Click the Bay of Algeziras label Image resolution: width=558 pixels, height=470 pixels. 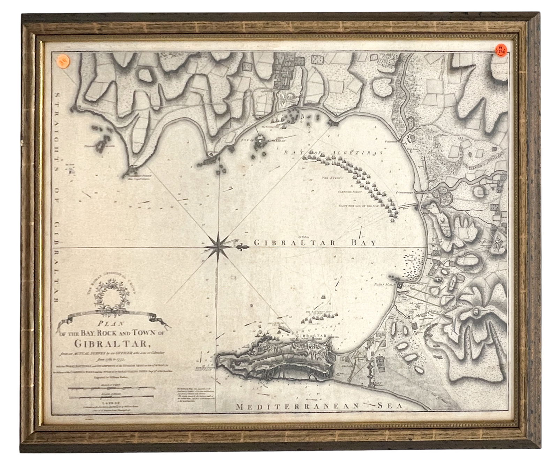point(333,153)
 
